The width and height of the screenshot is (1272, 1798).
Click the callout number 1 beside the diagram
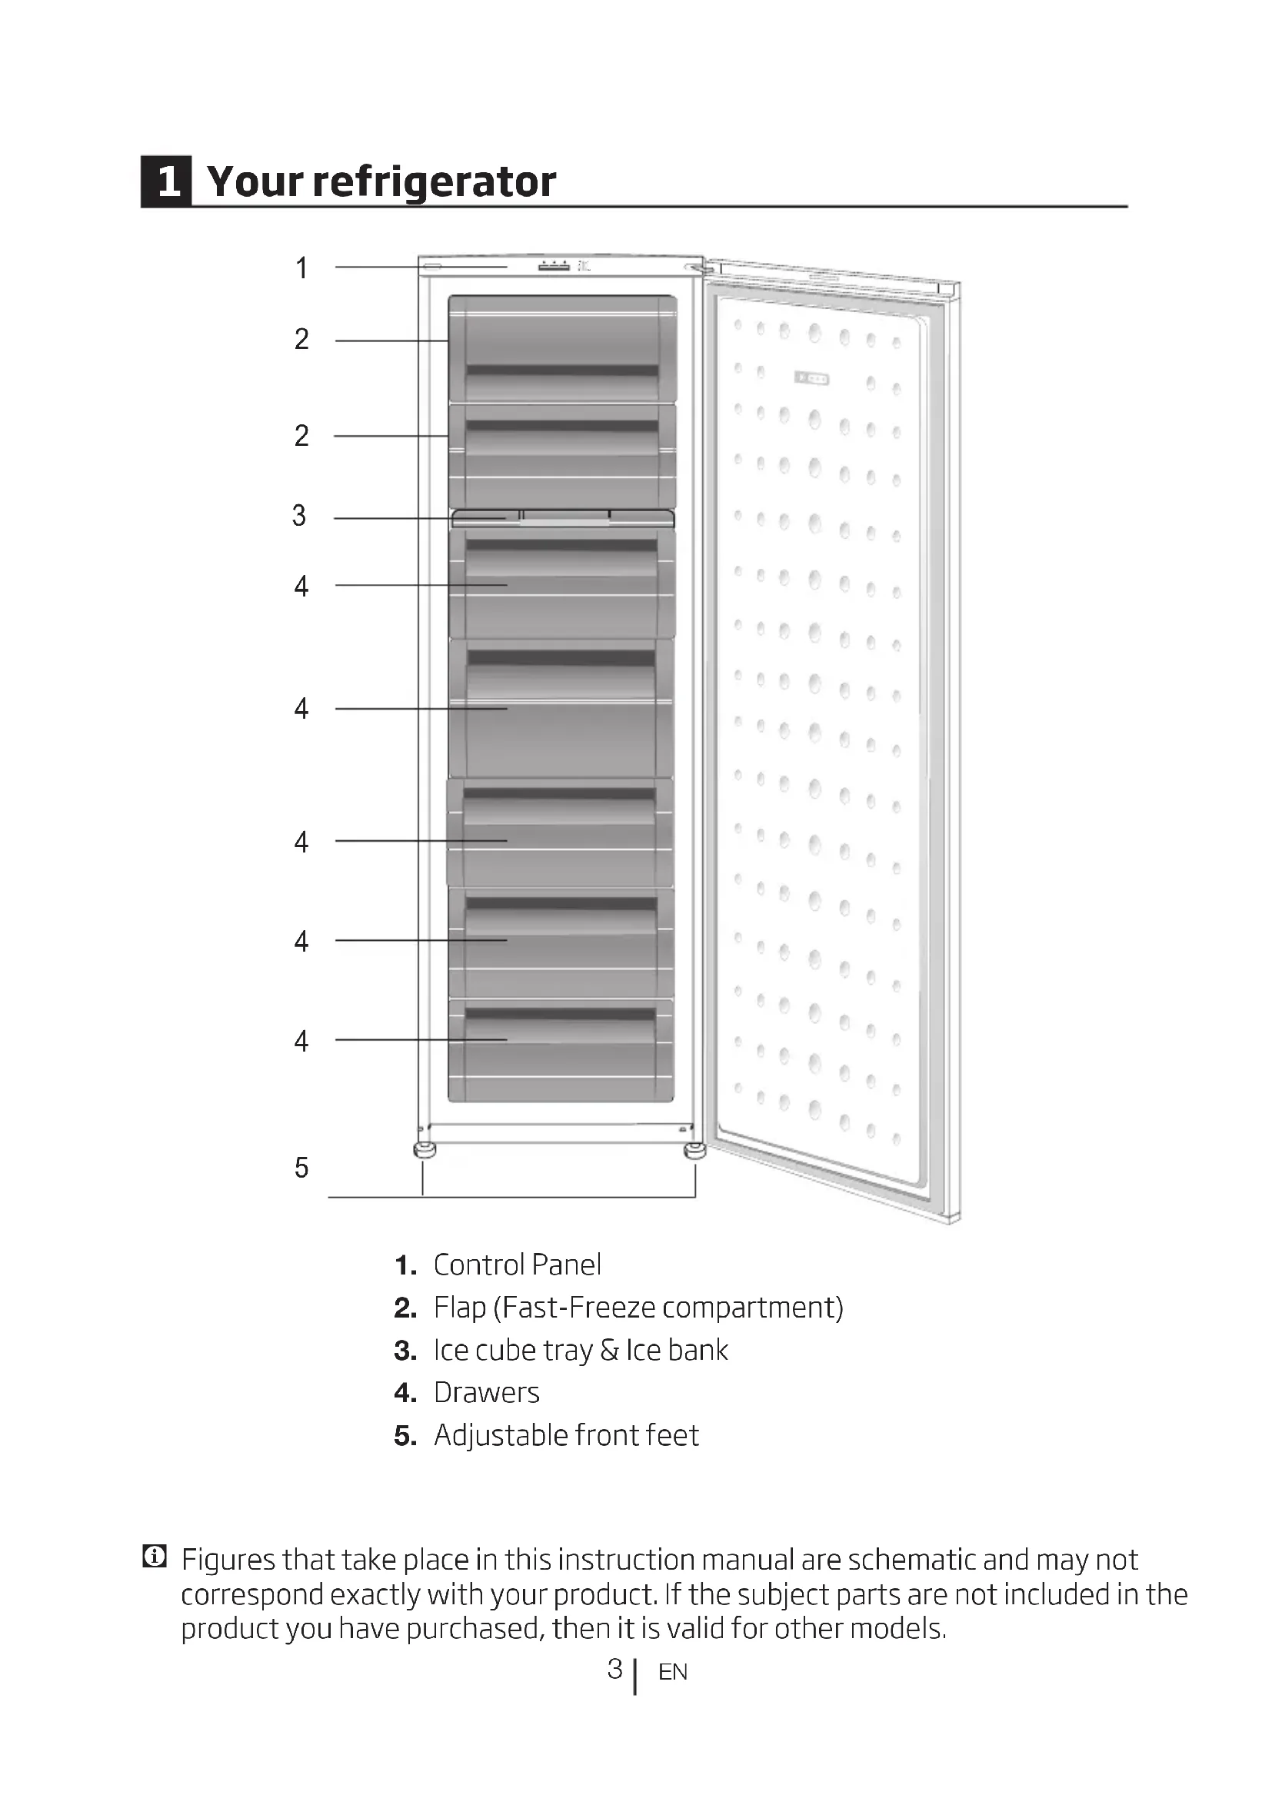301,268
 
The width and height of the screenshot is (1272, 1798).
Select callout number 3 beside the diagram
299,515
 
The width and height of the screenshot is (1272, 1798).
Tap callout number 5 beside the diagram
301,1168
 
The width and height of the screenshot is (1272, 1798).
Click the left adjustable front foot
425,1149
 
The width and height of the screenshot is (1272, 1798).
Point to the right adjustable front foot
694,1151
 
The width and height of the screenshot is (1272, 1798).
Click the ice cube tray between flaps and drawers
562,517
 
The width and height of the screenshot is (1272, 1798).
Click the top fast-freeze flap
562,347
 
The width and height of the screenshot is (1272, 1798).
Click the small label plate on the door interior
812,379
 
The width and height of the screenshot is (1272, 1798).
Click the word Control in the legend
478,1265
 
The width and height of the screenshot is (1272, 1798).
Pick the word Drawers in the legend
486,1392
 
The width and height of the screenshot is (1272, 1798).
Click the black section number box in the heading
166,181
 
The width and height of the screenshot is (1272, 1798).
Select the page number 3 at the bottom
615,1669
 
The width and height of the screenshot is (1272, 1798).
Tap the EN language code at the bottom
673,1672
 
